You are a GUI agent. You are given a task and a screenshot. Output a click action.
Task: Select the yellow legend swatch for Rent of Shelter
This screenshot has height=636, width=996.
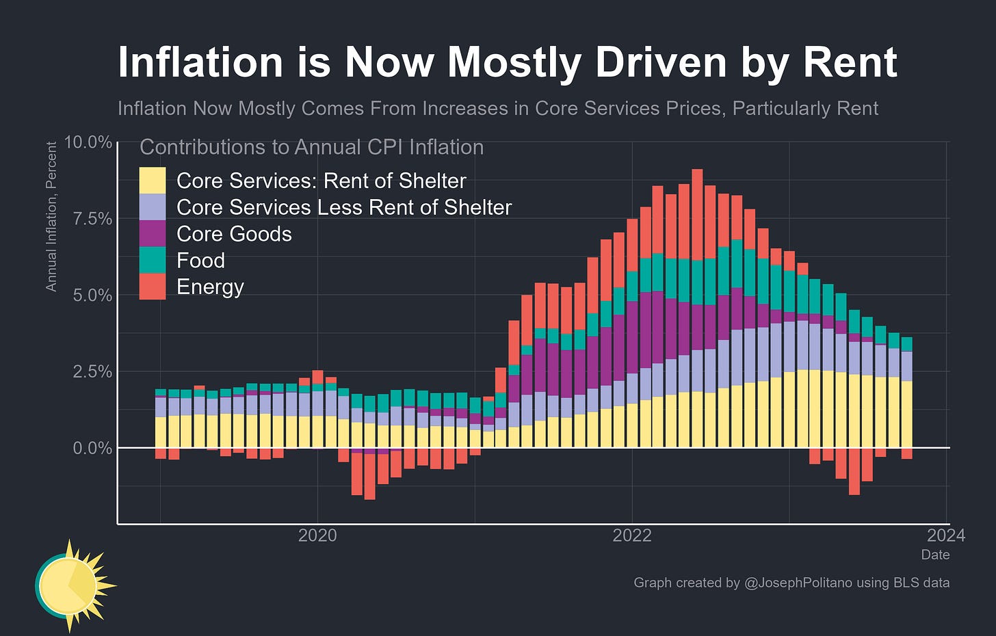(x=153, y=181)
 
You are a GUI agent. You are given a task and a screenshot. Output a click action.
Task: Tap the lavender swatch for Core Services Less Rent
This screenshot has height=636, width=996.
(x=153, y=207)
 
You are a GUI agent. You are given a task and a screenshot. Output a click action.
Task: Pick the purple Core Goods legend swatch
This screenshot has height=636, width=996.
(x=153, y=234)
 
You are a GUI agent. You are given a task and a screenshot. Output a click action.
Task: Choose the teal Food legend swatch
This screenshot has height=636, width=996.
(x=153, y=261)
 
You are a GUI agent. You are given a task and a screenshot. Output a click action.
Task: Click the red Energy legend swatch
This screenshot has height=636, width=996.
(x=153, y=287)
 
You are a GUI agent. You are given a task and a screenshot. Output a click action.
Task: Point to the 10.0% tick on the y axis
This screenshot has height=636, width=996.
(x=88, y=142)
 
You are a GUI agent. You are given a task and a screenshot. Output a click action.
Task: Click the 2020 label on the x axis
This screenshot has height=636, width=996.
(x=317, y=535)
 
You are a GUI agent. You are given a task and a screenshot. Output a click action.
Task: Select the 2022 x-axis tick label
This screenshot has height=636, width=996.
(x=632, y=535)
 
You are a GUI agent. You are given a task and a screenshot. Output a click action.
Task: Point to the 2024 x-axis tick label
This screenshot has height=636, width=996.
(x=946, y=535)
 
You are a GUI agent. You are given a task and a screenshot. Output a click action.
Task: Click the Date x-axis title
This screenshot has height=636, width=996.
(x=935, y=555)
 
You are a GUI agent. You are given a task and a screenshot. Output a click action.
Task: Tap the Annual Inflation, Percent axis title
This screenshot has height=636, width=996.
(x=51, y=217)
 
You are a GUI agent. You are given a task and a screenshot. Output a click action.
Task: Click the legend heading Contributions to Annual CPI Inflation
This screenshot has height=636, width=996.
(x=311, y=147)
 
